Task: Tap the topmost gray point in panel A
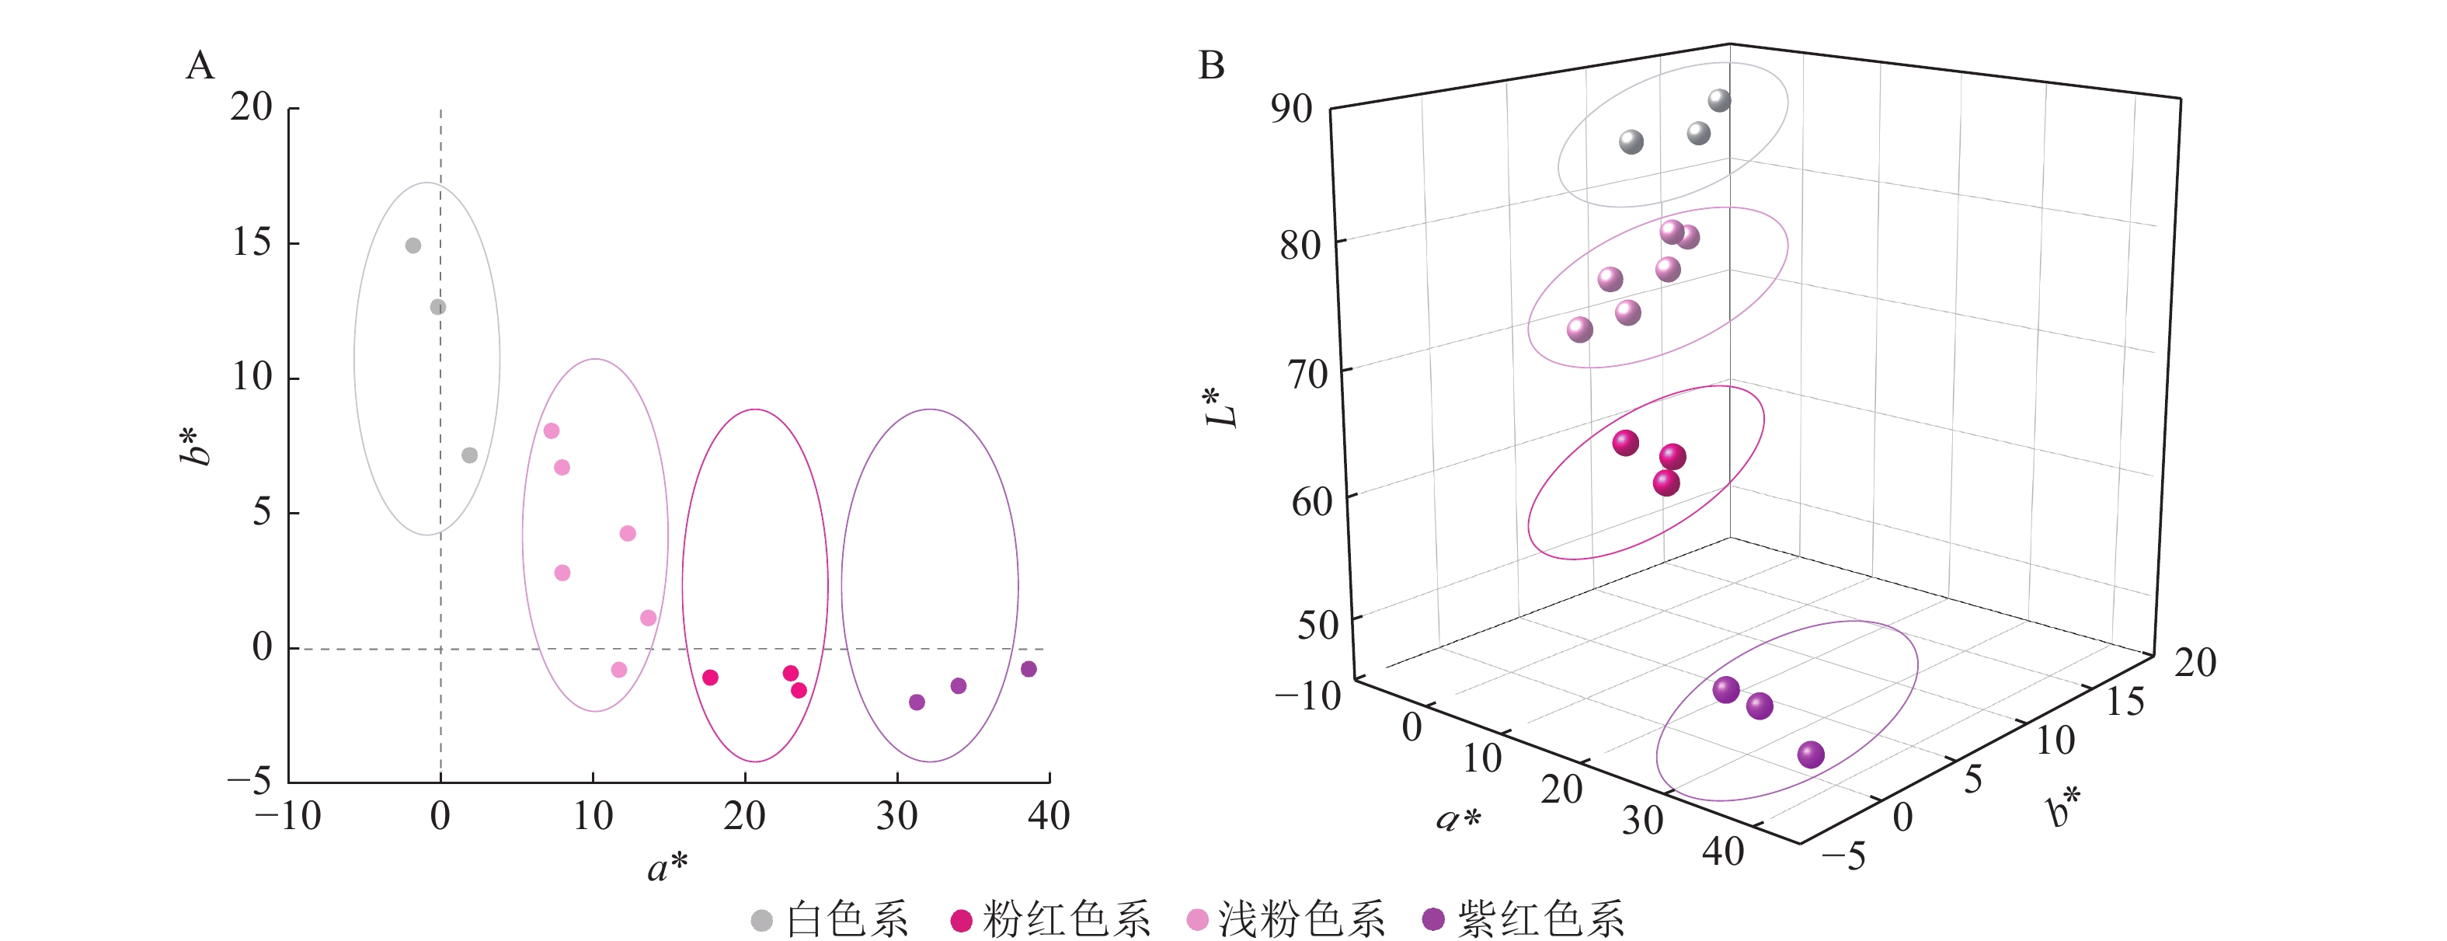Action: click(413, 246)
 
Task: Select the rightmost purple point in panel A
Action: click(1029, 669)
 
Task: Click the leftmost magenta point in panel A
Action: click(711, 678)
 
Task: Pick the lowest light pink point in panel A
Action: click(619, 670)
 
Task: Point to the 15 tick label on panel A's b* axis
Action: click(252, 242)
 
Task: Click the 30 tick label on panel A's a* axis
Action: click(896, 817)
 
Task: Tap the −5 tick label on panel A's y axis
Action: click(249, 781)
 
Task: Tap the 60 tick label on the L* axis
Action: click(1311, 501)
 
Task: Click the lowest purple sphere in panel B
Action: click(1811, 755)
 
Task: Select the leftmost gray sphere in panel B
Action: click(1631, 142)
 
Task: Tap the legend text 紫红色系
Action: click(1540, 920)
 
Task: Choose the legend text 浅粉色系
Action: click(1301, 920)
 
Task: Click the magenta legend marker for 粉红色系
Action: click(962, 920)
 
